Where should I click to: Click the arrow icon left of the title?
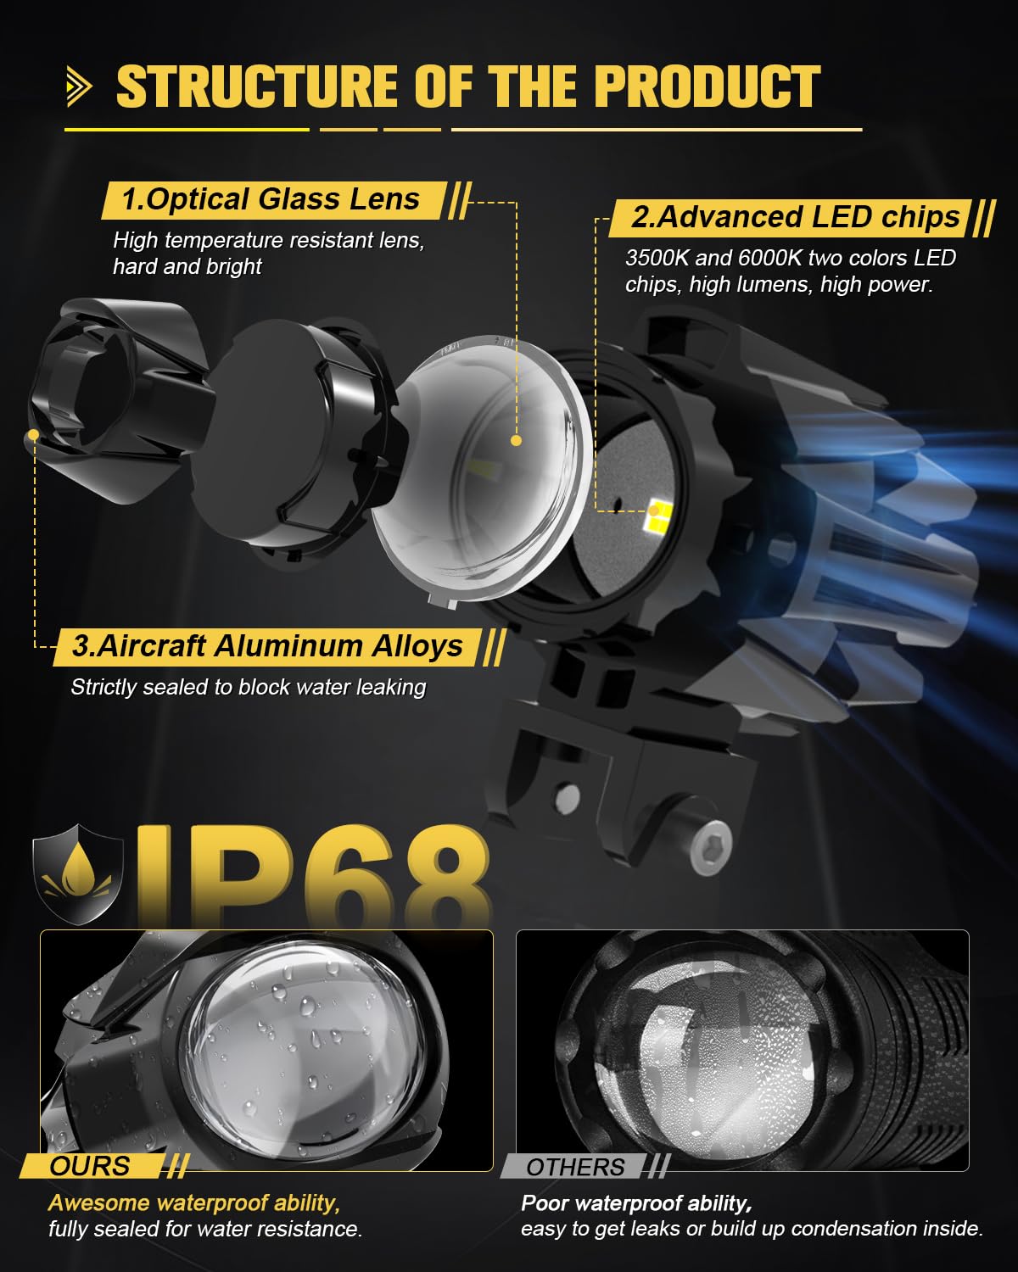pyautogui.click(x=79, y=86)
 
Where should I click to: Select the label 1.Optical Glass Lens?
pyautogui.click(x=271, y=199)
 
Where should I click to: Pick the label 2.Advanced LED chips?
pyautogui.click(x=796, y=217)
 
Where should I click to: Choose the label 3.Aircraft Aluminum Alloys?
pyautogui.click(x=267, y=645)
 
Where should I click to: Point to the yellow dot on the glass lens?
pyautogui.click(x=516, y=440)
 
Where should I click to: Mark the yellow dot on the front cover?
pyautogui.click(x=34, y=434)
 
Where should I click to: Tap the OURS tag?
pyautogui.click(x=90, y=1166)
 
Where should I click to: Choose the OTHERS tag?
pyautogui.click(x=575, y=1167)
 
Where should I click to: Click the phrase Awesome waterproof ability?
pyautogui.click(x=194, y=1202)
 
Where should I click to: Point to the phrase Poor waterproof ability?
pyautogui.click(x=636, y=1203)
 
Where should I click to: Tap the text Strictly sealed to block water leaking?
pyautogui.click(x=249, y=687)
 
